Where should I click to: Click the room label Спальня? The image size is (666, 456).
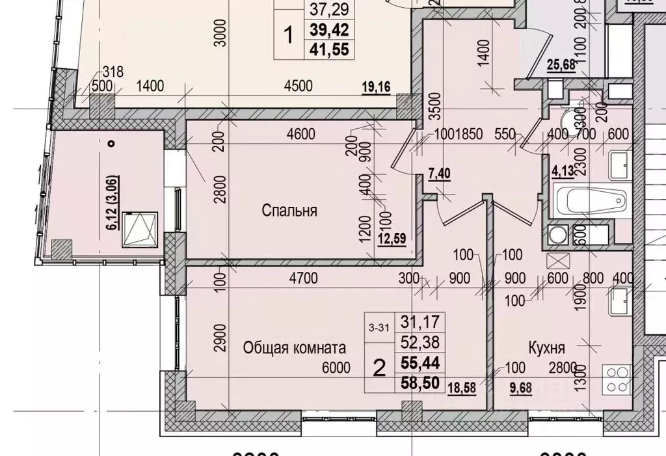[289, 210]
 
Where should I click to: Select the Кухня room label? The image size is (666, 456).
[546, 347]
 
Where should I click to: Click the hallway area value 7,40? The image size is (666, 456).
[440, 174]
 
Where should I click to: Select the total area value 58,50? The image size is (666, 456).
[419, 386]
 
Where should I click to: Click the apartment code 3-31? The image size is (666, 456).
[379, 328]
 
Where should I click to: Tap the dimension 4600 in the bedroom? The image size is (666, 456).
[300, 135]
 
